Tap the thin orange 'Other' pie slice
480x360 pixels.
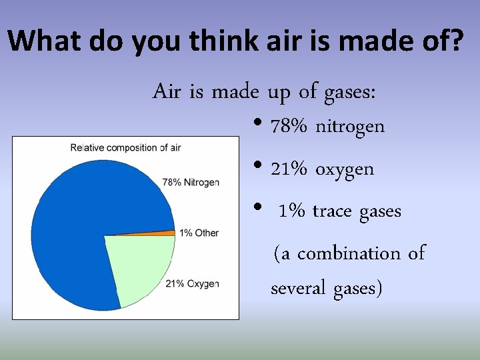click(160, 233)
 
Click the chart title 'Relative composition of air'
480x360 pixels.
click(125, 147)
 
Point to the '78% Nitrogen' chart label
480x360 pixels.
click(191, 182)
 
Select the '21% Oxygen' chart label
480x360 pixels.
click(192, 284)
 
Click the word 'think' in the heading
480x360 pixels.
click(219, 41)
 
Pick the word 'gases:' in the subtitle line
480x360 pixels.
click(349, 91)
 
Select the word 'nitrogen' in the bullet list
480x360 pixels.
click(350, 127)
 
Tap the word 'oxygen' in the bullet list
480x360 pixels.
click(345, 169)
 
